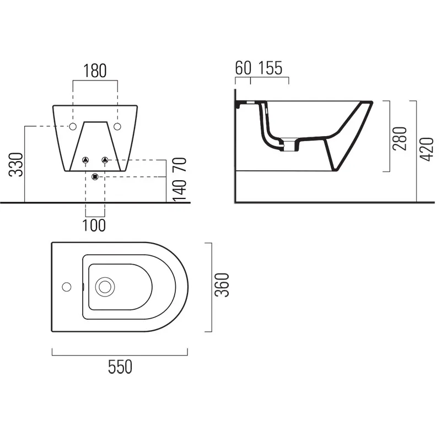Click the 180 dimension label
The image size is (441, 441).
[x=95, y=71]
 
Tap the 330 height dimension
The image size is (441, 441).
[x=16, y=164]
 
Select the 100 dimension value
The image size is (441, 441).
[x=94, y=225]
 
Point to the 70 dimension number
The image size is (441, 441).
[x=180, y=165]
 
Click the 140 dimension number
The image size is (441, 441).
[x=180, y=191]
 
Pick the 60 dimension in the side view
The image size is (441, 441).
[x=243, y=68]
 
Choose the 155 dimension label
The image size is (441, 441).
[x=270, y=68]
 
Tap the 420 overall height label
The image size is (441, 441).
[x=427, y=149]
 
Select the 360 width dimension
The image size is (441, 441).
[x=222, y=285]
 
